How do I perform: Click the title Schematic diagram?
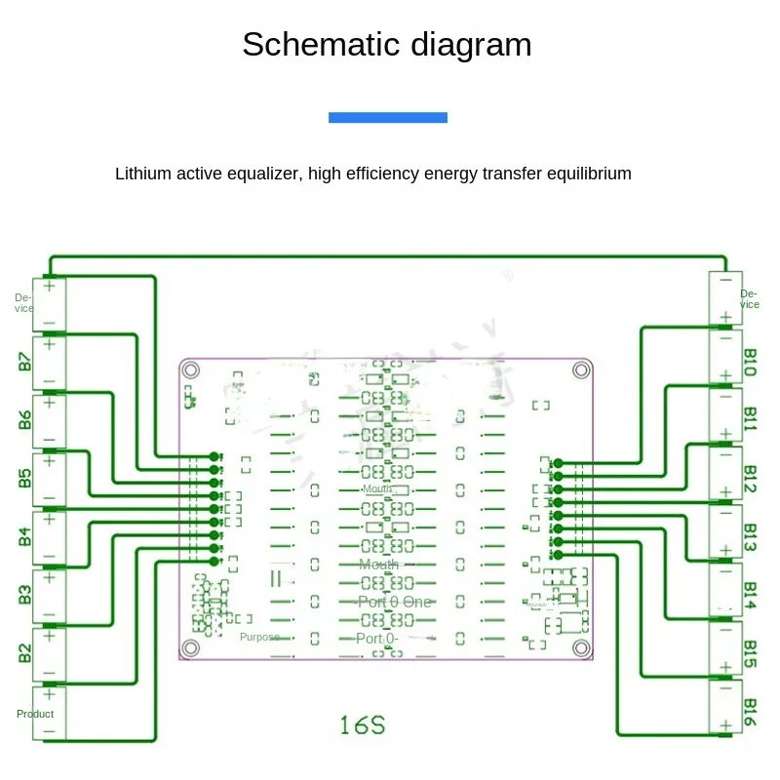tap(387, 45)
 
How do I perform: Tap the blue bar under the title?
tap(388, 117)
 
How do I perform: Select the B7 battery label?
tap(24, 361)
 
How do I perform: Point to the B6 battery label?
tap(24, 419)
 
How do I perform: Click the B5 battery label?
tap(24, 478)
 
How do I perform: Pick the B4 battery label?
tap(24, 536)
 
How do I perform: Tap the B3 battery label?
tap(24, 594)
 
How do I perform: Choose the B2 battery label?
tap(24, 652)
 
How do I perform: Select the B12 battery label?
tap(751, 479)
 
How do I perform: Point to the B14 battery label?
tap(751, 594)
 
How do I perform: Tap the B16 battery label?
tap(751, 711)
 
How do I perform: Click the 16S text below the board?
tap(363, 725)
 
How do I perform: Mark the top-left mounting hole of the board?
tap(192, 370)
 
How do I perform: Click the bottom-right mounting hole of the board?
tap(581, 647)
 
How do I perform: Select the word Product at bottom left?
tap(35, 714)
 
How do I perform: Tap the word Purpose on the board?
tap(259, 637)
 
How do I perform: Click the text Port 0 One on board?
tap(394, 602)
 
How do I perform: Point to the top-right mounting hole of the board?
tap(581, 370)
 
